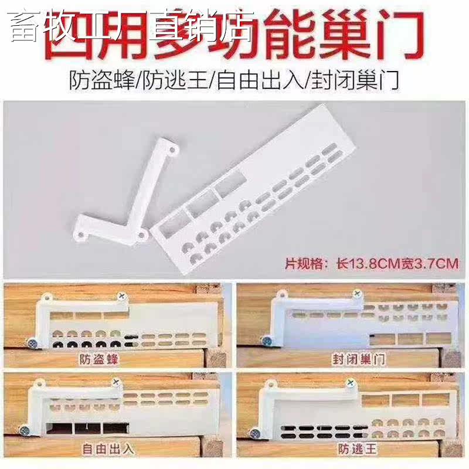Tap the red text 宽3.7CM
pos(429,263)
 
